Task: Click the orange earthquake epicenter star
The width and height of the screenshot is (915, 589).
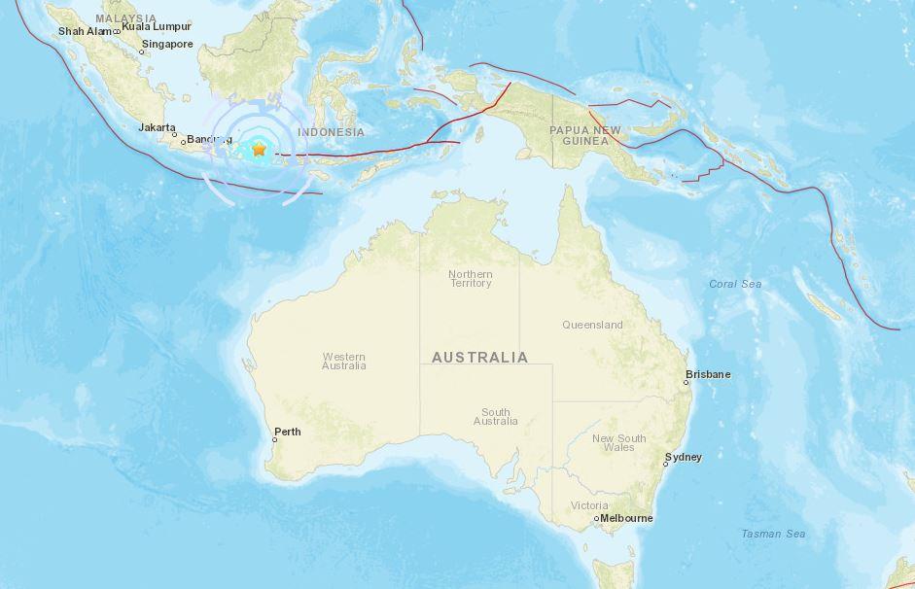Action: click(x=259, y=150)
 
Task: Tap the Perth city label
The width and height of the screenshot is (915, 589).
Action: click(x=288, y=433)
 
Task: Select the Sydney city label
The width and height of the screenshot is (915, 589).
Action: click(x=683, y=457)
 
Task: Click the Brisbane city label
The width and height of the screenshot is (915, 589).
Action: click(x=708, y=374)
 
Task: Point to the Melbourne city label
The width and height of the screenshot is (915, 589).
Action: click(x=626, y=518)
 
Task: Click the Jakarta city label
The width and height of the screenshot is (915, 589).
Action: click(x=157, y=127)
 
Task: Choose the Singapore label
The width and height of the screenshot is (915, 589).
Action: click(x=167, y=44)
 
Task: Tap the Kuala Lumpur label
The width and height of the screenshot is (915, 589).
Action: click(x=157, y=27)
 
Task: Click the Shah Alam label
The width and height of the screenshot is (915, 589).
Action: click(x=86, y=31)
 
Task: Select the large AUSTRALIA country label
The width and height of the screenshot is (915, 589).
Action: click(x=479, y=358)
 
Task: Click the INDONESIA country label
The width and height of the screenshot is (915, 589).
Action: click(x=331, y=132)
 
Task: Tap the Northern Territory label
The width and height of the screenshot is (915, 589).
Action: click(x=470, y=279)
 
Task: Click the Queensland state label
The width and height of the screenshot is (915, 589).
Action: click(x=592, y=325)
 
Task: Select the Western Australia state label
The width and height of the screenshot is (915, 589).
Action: click(x=344, y=361)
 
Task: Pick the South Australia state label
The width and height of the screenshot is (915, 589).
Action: click(x=495, y=417)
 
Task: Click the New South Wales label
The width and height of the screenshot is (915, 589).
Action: click(x=618, y=442)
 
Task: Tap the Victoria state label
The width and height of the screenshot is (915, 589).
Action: click(x=589, y=505)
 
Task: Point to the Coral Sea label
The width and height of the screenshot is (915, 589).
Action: click(x=735, y=284)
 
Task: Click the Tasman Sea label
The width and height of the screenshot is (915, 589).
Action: click(x=773, y=534)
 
